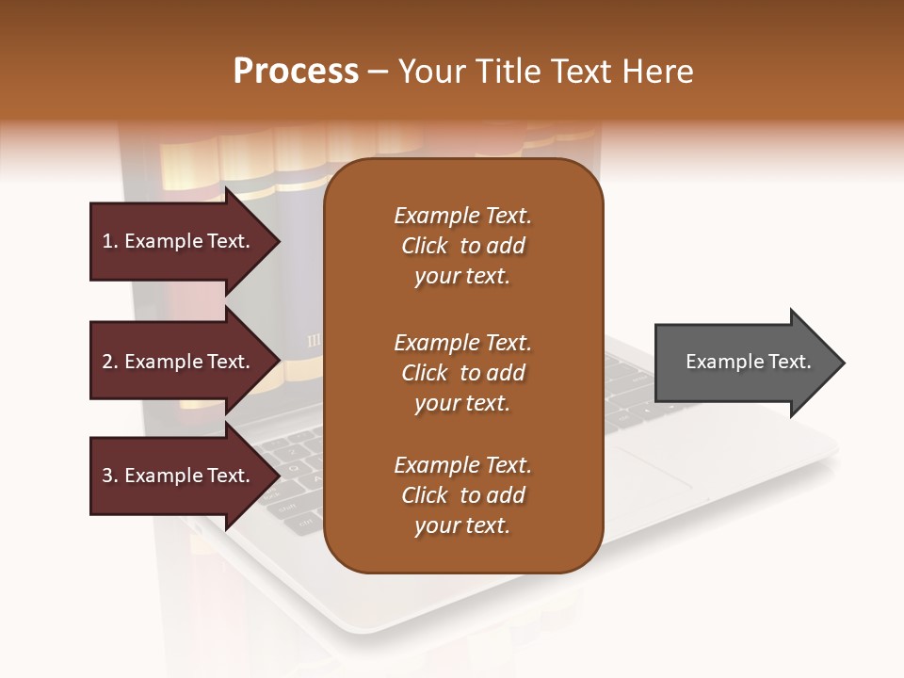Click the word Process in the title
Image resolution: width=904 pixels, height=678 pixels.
pos(296,72)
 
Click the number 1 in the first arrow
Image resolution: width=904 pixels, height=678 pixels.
pos(107,241)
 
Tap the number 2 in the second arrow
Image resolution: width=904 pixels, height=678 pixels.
pos(107,362)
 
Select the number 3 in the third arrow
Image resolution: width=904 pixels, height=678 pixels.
pos(107,476)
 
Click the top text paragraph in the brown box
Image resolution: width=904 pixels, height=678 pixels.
pos(462,246)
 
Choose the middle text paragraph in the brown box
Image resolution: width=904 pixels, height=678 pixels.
pos(462,373)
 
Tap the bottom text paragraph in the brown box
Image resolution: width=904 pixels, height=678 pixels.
pos(462,495)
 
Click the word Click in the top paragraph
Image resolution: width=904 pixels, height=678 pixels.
pos(424,246)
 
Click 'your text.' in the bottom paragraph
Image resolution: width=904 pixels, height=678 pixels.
pos(462,525)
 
